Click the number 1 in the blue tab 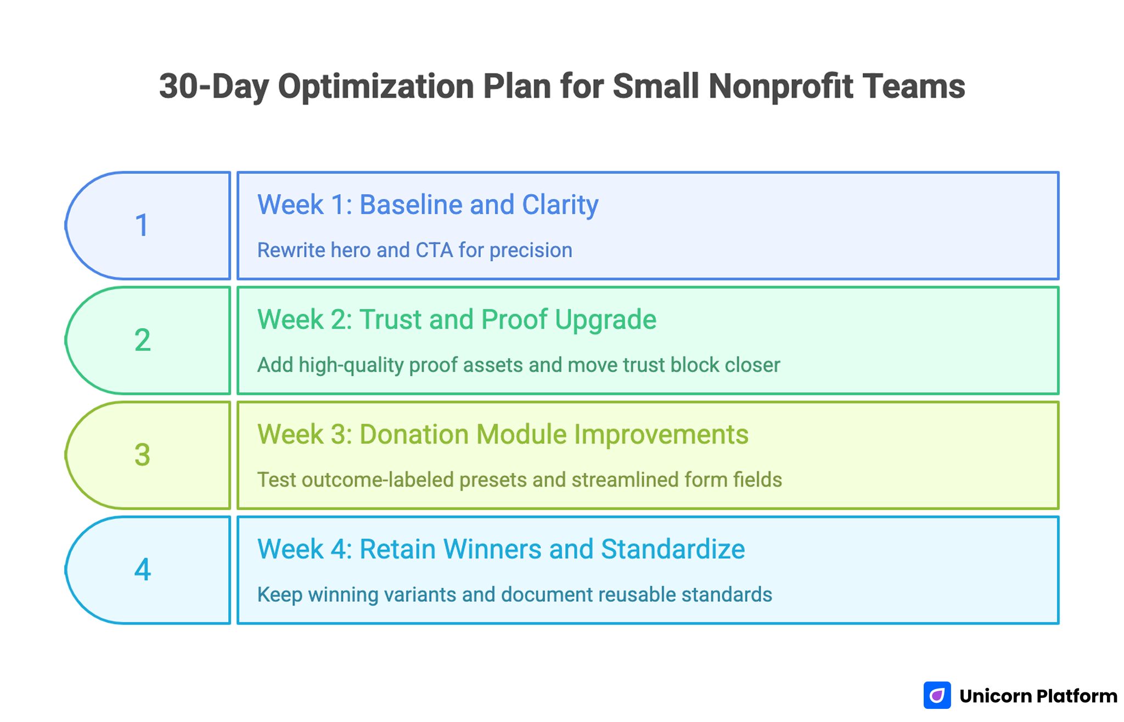[x=142, y=225]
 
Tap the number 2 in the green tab [x=142, y=340]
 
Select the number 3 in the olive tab [x=142, y=455]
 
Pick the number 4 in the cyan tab [x=142, y=569]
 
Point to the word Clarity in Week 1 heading [x=560, y=206]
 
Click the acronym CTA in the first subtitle [x=434, y=250]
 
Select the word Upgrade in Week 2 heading [x=605, y=320]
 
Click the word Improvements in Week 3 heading [x=661, y=435]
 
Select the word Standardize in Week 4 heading [x=673, y=549]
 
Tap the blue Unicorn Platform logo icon [x=937, y=696]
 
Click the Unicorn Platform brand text [x=1038, y=696]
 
